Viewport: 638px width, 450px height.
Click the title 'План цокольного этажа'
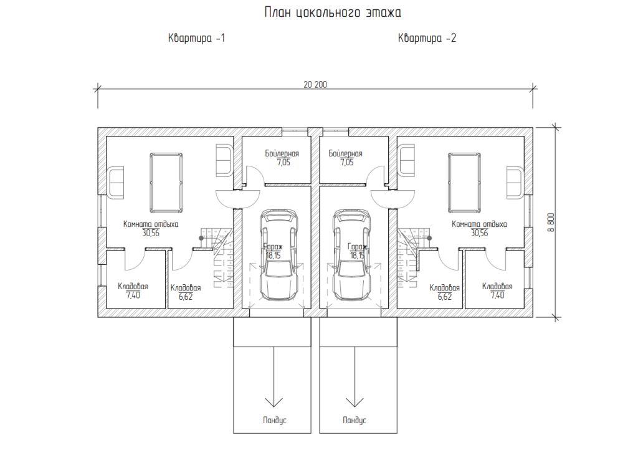coord(333,12)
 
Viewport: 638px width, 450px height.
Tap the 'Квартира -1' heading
coord(196,38)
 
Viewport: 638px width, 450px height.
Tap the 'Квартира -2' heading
coord(427,38)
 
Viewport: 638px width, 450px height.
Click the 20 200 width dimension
coord(315,85)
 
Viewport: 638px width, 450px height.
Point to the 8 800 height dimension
coord(551,222)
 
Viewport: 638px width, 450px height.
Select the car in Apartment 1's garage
coord(279,254)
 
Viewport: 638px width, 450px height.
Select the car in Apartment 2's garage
coord(351,254)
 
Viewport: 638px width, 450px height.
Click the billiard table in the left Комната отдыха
coord(166,183)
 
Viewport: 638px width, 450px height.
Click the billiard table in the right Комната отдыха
coord(464,183)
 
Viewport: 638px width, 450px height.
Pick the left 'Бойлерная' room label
coord(282,153)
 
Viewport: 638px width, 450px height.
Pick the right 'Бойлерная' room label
coord(345,153)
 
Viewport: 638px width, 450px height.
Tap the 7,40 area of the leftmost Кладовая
coord(133,295)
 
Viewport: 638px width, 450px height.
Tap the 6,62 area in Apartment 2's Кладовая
coord(445,297)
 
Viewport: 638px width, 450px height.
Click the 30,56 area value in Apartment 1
coord(151,233)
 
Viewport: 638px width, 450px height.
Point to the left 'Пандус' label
coord(275,420)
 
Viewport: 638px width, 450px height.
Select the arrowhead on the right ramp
coord(355,402)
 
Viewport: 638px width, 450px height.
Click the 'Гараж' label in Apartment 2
coord(357,247)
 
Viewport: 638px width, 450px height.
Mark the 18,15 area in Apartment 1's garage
coord(273,256)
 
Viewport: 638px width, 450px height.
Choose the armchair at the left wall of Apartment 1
coord(116,183)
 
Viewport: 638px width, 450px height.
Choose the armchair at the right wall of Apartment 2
coord(514,183)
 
